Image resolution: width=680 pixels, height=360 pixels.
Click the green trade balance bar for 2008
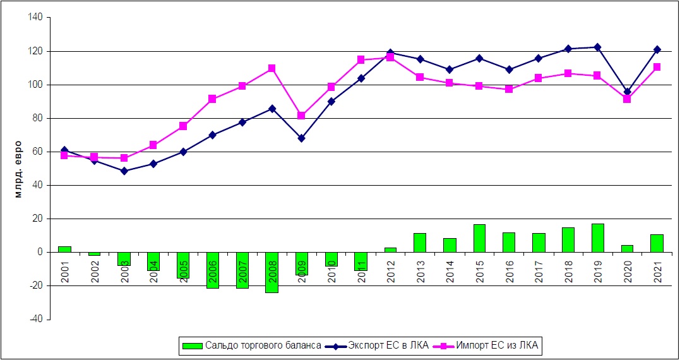(271, 272)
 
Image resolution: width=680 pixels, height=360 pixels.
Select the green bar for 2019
(597, 238)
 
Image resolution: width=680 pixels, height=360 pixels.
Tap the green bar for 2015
(479, 238)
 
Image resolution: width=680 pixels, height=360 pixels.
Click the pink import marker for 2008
(271, 68)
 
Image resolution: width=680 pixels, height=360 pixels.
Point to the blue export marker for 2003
(124, 171)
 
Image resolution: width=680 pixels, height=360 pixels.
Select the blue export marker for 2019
(597, 47)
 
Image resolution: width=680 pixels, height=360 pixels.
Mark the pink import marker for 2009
(301, 116)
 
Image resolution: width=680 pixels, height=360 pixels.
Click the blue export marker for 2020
(627, 92)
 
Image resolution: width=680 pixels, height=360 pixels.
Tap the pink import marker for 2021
(657, 67)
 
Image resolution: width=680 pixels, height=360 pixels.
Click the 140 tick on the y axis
(35, 18)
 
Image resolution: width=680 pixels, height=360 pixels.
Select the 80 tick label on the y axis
(37, 118)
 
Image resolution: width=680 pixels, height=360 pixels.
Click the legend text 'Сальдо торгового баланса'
(263, 345)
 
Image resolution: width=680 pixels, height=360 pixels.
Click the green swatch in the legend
(192, 345)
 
